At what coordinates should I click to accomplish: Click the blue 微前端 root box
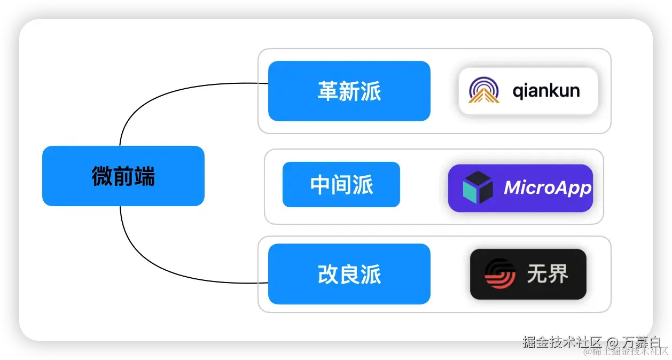[123, 176]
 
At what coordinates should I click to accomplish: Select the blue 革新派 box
[349, 91]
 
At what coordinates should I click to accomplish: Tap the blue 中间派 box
[341, 185]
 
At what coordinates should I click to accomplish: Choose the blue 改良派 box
[349, 274]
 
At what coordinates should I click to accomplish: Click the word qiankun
[546, 90]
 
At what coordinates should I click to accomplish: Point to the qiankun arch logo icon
[483, 90]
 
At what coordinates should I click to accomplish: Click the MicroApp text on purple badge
[548, 187]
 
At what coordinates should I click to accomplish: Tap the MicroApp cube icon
[478, 187]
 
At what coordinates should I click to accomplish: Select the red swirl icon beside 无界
[500, 274]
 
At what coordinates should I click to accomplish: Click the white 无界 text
[548, 274]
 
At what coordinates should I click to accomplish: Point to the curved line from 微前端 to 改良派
[160, 271]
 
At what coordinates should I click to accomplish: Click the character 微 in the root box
[102, 176]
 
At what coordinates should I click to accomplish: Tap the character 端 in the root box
[144, 176]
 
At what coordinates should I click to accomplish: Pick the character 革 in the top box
[328, 91]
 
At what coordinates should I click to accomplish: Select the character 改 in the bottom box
[328, 275]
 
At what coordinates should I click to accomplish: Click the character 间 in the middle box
[342, 185]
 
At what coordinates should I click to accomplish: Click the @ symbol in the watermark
[611, 342]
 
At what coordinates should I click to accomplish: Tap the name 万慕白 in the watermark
[641, 342]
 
